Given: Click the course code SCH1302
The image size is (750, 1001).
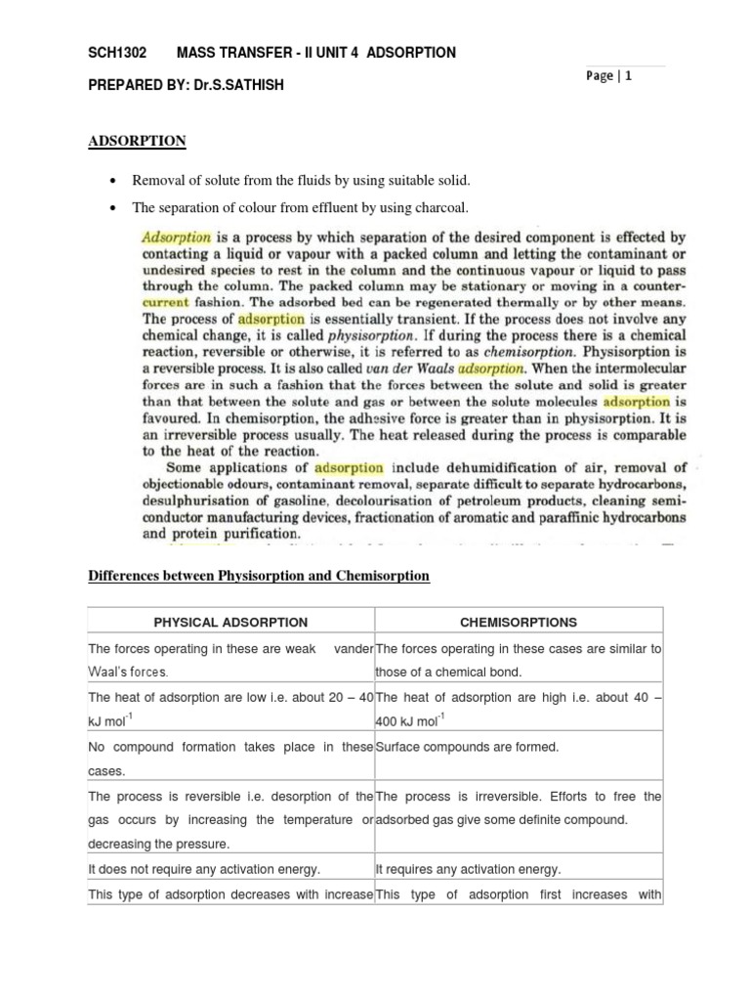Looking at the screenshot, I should click(x=115, y=52).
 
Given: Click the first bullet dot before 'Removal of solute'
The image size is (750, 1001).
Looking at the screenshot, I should click(x=115, y=181).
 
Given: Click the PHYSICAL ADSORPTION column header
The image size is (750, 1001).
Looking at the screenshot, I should click(x=230, y=622).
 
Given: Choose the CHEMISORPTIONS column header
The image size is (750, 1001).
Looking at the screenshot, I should click(x=518, y=622).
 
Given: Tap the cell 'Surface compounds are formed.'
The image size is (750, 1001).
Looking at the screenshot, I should click(x=467, y=747).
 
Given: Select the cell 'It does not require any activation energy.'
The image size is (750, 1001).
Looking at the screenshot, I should click(x=205, y=868).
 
